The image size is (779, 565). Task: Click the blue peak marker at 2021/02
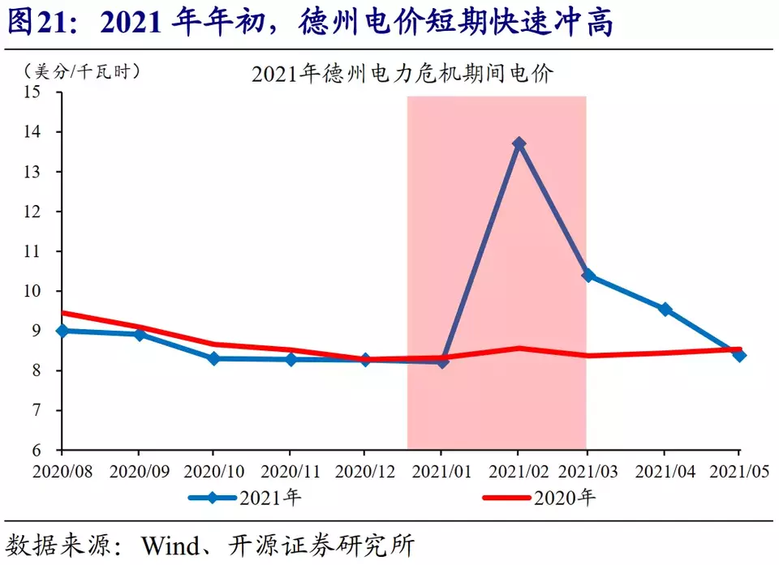(519, 143)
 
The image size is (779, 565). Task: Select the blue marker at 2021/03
(588, 276)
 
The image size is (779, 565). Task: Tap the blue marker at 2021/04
(665, 309)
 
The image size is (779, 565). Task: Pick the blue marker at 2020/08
(62, 331)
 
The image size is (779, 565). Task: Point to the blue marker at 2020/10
(214, 358)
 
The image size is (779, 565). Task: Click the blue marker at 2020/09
(139, 334)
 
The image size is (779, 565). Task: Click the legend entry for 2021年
(244, 498)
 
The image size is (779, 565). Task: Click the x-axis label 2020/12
(364, 470)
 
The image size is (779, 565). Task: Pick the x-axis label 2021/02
(517, 470)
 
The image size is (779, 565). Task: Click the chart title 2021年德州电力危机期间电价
(402, 74)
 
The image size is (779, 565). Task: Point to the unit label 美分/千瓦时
(82, 71)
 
